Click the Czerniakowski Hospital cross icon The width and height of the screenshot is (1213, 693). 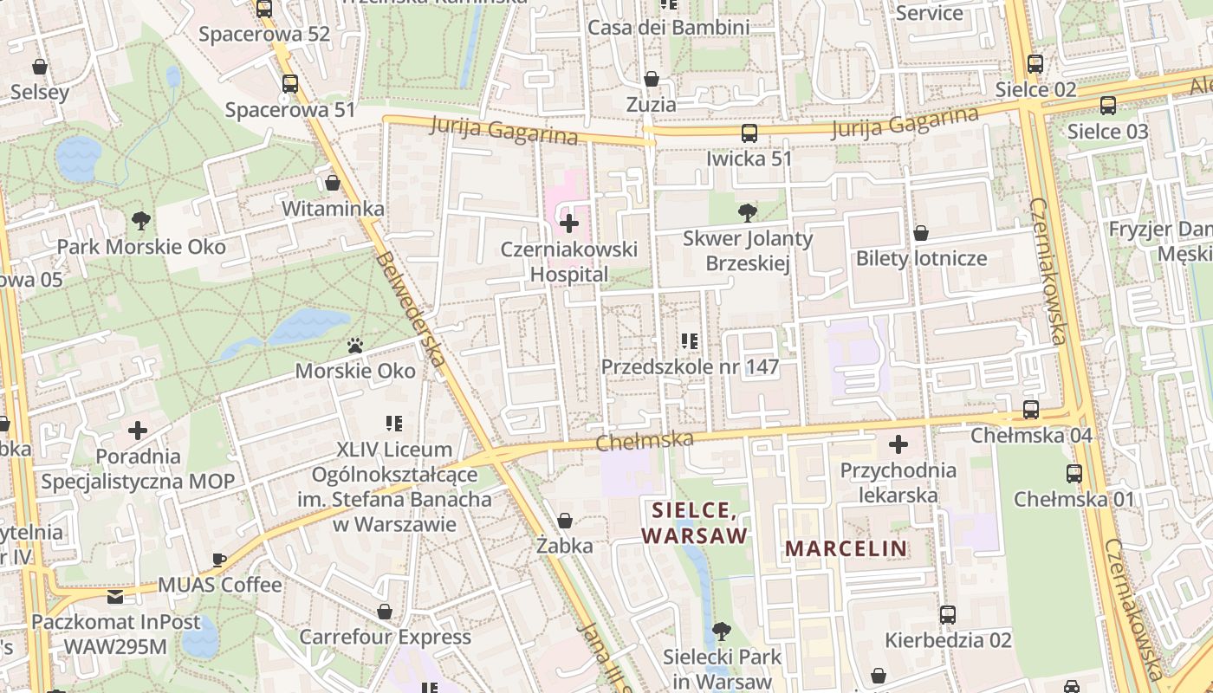pos(569,224)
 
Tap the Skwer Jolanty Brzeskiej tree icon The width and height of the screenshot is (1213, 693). pos(747,211)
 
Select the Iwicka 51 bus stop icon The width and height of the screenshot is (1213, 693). pos(749,133)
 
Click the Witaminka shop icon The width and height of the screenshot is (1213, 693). pos(333,183)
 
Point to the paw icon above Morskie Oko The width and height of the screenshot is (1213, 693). pos(355,346)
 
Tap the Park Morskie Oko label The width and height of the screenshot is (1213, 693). pos(141,247)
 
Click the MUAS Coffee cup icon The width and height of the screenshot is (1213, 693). pos(219,560)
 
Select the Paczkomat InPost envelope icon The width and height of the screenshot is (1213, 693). pos(115,597)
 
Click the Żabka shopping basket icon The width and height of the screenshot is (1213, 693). pos(565,521)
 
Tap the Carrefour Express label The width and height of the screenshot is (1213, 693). pos(386,638)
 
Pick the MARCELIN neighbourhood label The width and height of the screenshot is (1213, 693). pos(847,548)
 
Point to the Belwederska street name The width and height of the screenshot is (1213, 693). pos(412,312)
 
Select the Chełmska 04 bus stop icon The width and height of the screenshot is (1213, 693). pos(1031,410)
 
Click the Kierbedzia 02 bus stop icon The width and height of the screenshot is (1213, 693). pos(948,615)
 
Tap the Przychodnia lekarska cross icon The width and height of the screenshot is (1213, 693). pos(898,445)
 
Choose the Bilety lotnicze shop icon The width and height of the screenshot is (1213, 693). pos(921,233)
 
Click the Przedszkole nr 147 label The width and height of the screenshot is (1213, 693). pos(691,367)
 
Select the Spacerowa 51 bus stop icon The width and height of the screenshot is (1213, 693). pos(290,84)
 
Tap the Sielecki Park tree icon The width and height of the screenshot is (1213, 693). pos(722,631)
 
